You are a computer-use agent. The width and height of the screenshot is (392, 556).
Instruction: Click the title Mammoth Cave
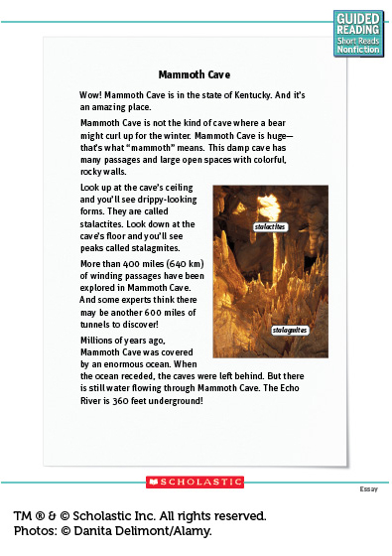coord(195,73)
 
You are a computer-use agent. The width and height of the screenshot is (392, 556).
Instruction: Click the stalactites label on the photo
coord(269,227)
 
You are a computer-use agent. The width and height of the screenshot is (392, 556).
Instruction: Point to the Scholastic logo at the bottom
coord(195,482)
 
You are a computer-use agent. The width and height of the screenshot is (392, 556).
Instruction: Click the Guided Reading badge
coord(357,31)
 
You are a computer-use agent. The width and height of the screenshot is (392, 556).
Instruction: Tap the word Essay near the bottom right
coord(369,489)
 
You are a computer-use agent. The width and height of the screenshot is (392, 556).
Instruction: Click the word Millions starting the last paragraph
coord(99,341)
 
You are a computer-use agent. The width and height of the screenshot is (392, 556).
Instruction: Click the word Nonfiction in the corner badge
coord(357,50)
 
